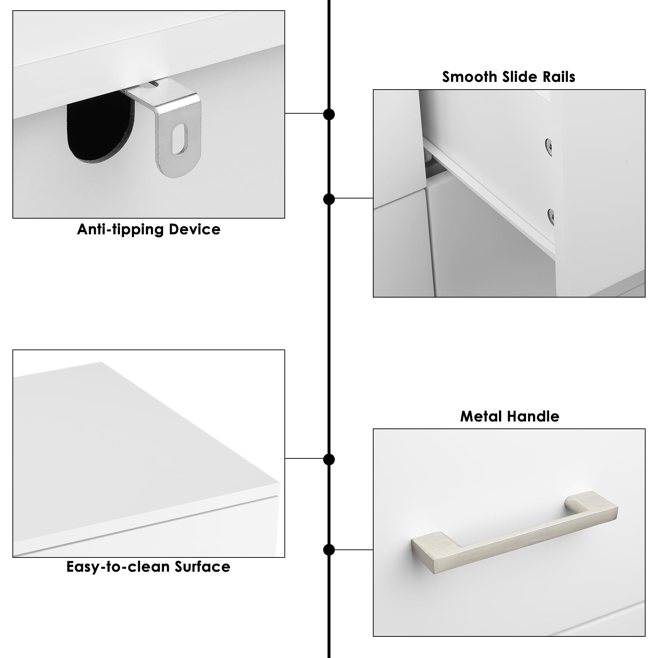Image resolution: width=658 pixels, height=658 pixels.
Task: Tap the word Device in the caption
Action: coord(194,229)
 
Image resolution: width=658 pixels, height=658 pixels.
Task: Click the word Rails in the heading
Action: coord(559,77)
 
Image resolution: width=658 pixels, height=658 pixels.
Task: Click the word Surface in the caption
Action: coord(202,567)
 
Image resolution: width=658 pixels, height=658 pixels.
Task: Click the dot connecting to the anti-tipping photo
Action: coord(329,114)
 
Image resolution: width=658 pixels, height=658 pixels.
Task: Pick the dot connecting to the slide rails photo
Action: coord(329,199)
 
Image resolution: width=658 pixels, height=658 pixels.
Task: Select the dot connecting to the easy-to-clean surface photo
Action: coord(329,460)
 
